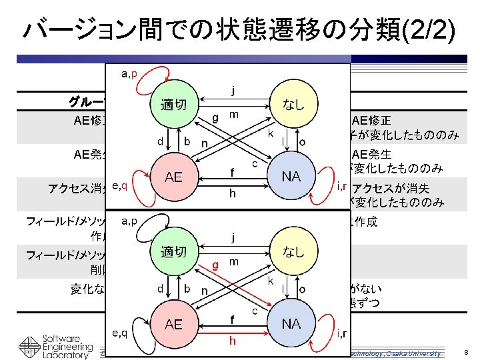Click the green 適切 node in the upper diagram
click(x=173, y=105)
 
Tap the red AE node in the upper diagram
click(x=173, y=177)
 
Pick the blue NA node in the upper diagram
click(x=291, y=177)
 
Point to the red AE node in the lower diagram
click(x=173, y=325)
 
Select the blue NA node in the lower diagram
click(x=291, y=325)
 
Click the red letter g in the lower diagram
click(x=215, y=265)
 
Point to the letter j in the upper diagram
click(x=232, y=89)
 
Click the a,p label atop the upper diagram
click(x=129, y=73)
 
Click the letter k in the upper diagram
click(x=270, y=133)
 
